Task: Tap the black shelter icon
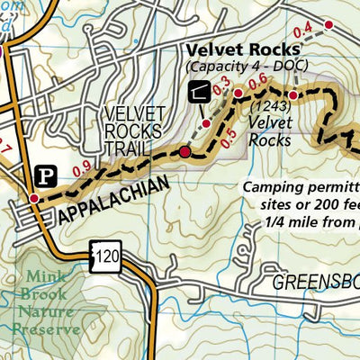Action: pos(198,90)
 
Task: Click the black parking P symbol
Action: pos(44,174)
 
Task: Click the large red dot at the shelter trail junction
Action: pos(185,153)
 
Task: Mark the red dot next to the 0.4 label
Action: pos(328,24)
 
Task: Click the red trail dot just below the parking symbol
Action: pos(33,198)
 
